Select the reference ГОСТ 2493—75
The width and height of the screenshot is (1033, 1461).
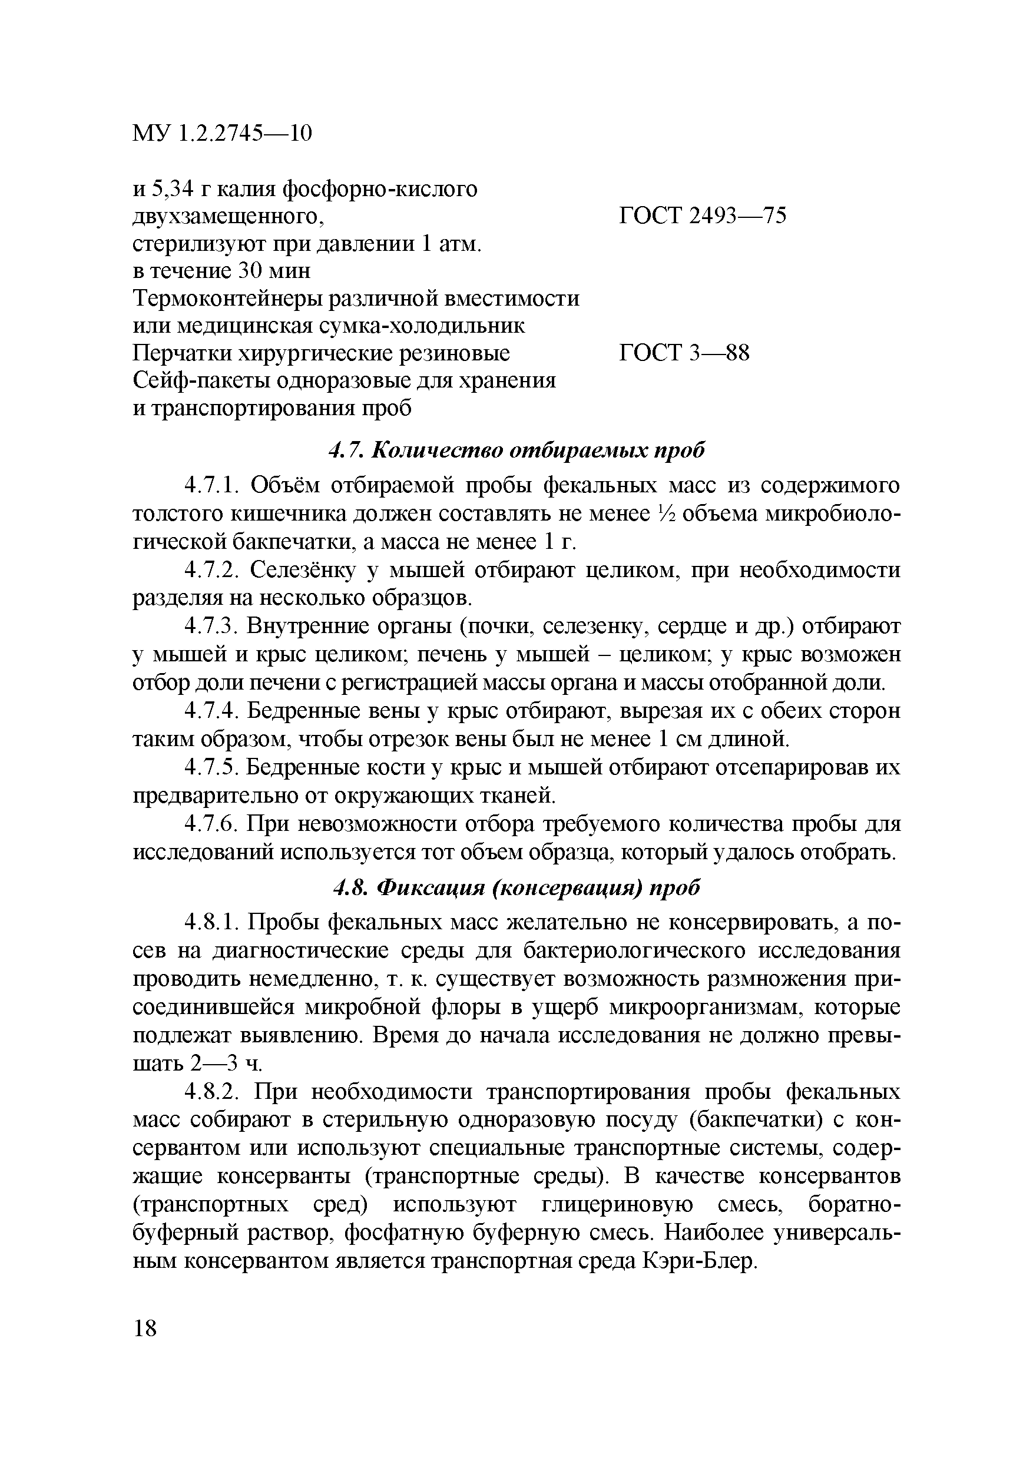coord(703,216)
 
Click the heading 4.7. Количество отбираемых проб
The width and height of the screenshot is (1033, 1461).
coord(516,450)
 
